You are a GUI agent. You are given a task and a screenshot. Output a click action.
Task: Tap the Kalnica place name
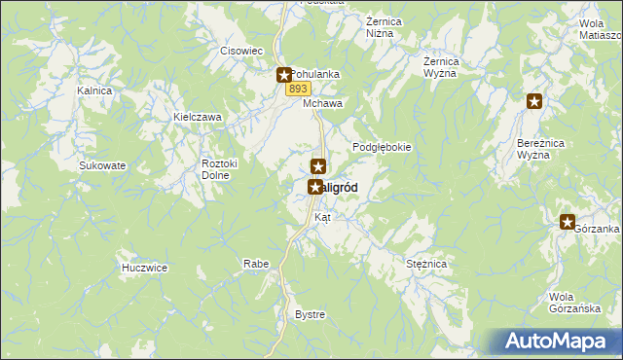point(95,90)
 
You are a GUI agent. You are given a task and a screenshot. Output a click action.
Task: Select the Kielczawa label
point(198,117)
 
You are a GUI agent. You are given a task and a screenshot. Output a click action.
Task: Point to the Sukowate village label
point(102,165)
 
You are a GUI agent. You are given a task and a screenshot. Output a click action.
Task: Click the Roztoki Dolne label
point(215,170)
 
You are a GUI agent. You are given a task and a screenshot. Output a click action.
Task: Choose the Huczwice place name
point(145,268)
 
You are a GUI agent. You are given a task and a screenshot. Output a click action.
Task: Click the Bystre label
point(310,315)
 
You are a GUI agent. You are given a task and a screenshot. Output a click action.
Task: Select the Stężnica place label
point(425,264)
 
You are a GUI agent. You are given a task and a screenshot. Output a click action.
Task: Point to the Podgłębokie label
point(382,147)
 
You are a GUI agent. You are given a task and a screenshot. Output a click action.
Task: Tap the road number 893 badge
point(298,89)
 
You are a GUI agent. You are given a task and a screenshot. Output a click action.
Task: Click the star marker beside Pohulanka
point(283,74)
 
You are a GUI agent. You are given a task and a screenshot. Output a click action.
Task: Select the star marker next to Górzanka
point(568,223)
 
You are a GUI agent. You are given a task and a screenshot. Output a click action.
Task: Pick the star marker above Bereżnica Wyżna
point(534,100)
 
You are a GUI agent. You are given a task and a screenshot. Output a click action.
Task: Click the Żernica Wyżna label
point(441,67)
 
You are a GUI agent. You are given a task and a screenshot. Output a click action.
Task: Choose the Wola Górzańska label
point(571,304)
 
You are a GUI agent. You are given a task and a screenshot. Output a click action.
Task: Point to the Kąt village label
point(322,218)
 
